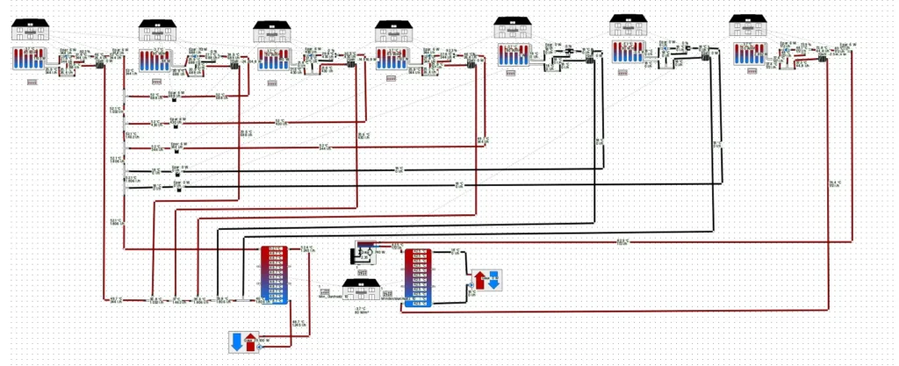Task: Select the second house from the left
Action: [x=159, y=31]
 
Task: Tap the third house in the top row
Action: [x=272, y=32]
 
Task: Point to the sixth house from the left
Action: [x=629, y=26]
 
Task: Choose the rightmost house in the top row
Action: [x=748, y=26]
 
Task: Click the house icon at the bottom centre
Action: [x=362, y=291]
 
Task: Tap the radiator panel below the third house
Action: [x=272, y=61]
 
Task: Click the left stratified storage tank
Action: [x=274, y=275]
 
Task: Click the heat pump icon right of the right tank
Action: [x=486, y=281]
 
